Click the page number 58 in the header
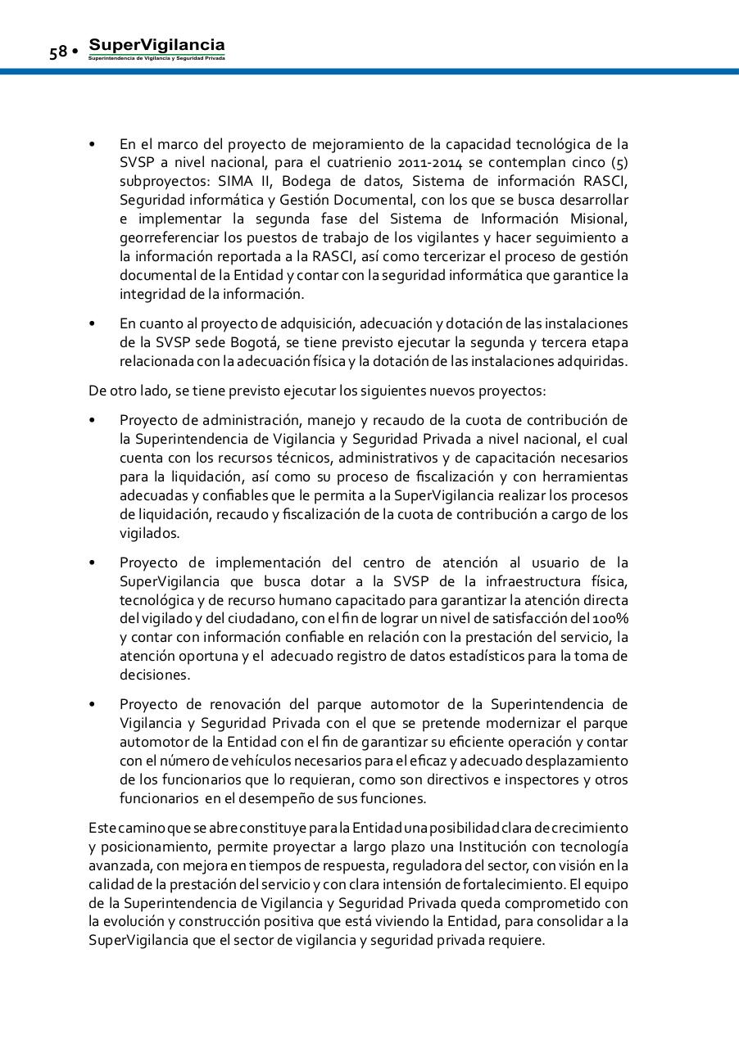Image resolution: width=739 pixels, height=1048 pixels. pyautogui.click(x=57, y=52)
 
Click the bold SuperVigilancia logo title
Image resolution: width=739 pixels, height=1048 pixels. pyautogui.click(x=156, y=45)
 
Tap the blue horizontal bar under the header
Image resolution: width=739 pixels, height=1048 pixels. pyautogui.click(x=369, y=72)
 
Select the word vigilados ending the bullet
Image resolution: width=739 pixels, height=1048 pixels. pyautogui.click(x=149, y=534)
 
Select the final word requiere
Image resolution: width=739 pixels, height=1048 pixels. pyautogui.click(x=515, y=942)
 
